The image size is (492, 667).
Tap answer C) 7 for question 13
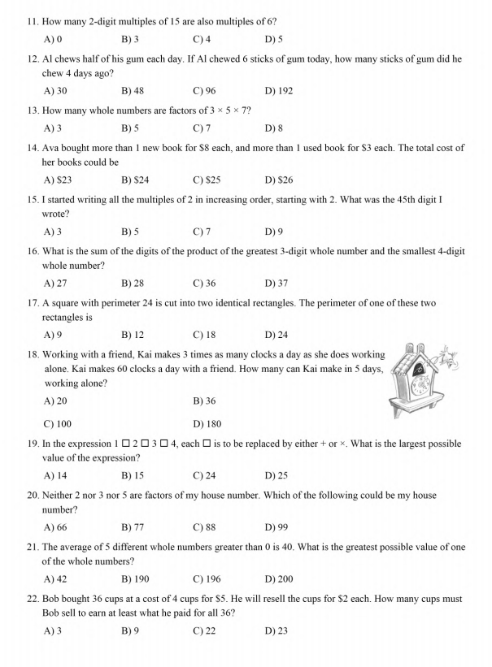pyautogui.click(x=202, y=128)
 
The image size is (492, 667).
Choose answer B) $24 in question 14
pyautogui.click(x=134, y=180)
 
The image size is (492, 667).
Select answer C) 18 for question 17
pyautogui.click(x=204, y=335)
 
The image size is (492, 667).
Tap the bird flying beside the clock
pyautogui.click(x=449, y=357)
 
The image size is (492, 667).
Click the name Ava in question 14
pyautogui.click(x=50, y=148)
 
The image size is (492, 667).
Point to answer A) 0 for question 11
pyautogui.click(x=53, y=39)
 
